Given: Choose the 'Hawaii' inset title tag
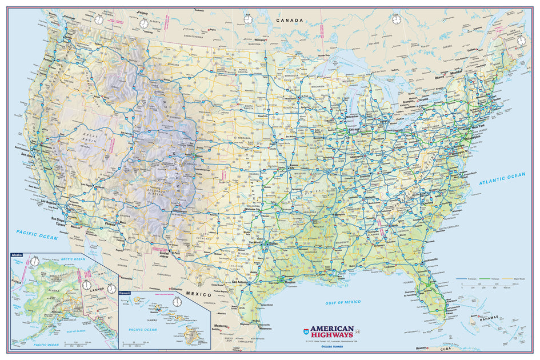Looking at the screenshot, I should [x=125, y=293].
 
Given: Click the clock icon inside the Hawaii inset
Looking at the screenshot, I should [x=177, y=301].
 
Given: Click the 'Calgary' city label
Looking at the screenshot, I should [x=142, y=13].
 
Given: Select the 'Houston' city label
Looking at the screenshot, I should [x=290, y=282].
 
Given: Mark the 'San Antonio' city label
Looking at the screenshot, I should [x=241, y=282].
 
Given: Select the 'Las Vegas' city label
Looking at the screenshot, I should [x=89, y=185].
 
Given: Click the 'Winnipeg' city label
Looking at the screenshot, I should [x=261, y=40].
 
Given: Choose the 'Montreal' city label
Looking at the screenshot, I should [x=455, y=73].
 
